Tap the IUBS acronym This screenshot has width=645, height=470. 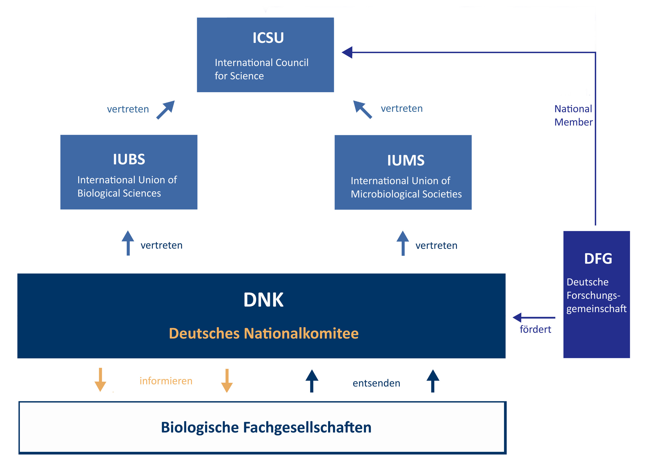point(129,159)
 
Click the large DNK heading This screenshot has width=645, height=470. point(263,300)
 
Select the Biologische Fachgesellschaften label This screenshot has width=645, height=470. point(266,427)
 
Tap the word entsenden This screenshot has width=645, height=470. point(376,383)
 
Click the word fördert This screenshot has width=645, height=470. point(535,329)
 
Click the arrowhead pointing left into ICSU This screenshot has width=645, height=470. point(348,52)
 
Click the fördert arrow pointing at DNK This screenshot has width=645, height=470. point(533,318)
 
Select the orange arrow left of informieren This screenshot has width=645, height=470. point(100,380)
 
